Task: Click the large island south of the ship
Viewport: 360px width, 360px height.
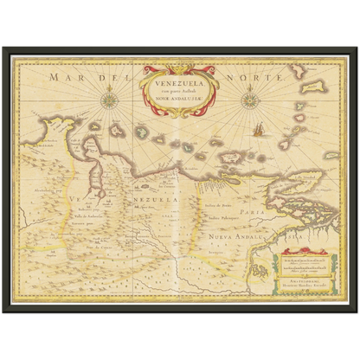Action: click(259, 157)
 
